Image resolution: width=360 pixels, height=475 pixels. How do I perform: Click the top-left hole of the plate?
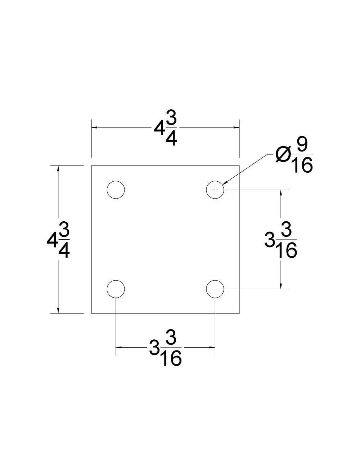pos(116,190)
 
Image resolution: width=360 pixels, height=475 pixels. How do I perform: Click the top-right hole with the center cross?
pos(215,190)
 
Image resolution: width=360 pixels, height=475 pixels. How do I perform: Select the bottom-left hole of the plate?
pos(116,289)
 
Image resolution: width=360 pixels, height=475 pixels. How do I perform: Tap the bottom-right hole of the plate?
pos(215,289)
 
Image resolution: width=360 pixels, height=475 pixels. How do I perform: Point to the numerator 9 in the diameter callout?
pos(302,145)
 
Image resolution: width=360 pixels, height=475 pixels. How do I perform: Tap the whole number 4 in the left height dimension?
pos(52,240)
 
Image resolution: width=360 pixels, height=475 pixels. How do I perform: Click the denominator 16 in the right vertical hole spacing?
pos(287,250)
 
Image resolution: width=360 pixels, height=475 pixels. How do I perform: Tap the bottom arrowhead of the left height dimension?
pos(58,310)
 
